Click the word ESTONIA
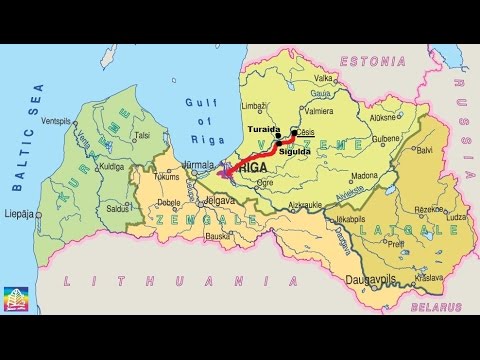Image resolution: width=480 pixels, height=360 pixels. coord(372,62)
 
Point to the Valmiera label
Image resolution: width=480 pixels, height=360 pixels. coord(320,111)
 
